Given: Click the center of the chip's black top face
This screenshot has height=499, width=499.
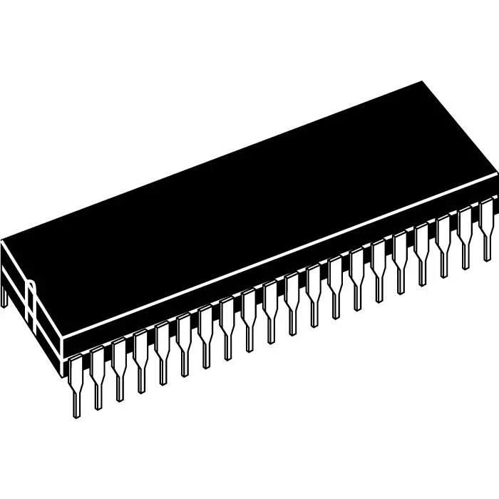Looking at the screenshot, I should (249, 207).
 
